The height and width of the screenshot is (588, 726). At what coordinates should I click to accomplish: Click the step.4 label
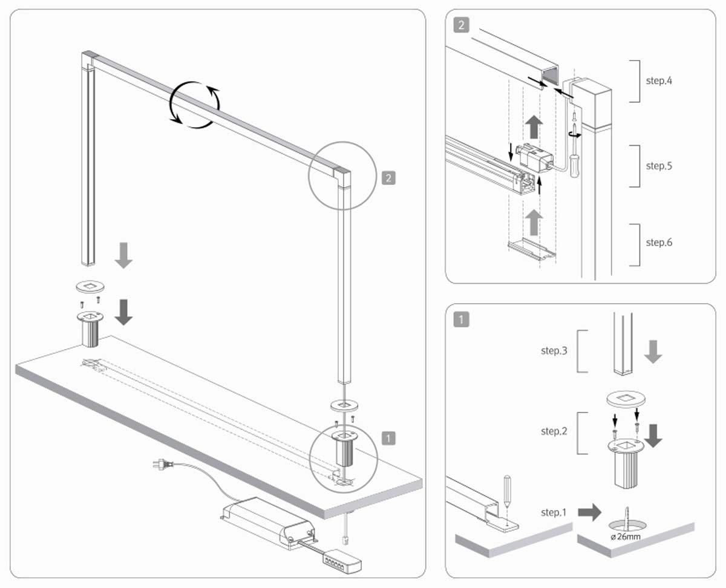pyautogui.click(x=659, y=81)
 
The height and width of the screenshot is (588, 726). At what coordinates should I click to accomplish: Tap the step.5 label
pyautogui.click(x=659, y=166)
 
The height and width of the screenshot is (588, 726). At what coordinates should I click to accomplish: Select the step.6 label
pyautogui.click(x=659, y=243)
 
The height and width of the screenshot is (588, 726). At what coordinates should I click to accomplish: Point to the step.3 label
pyautogui.click(x=554, y=351)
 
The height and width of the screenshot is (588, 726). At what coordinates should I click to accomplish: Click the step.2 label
pyautogui.click(x=554, y=431)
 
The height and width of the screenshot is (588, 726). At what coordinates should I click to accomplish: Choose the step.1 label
pyautogui.click(x=553, y=512)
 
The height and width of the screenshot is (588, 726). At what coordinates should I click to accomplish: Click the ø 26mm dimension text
pyautogui.click(x=626, y=537)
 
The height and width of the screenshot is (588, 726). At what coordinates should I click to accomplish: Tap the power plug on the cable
pyautogui.click(x=163, y=464)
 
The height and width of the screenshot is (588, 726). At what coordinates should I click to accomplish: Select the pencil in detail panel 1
pyautogui.click(x=507, y=491)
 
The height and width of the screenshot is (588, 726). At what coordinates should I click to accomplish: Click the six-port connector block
pyautogui.click(x=342, y=561)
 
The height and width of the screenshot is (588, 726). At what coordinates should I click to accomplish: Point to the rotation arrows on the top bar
pyautogui.click(x=195, y=105)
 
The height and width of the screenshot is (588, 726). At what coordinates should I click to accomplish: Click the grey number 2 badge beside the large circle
pyautogui.click(x=388, y=178)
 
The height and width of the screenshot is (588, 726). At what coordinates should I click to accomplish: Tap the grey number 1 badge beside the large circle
pyautogui.click(x=388, y=438)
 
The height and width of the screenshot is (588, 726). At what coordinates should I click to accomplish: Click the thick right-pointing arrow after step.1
pyautogui.click(x=589, y=512)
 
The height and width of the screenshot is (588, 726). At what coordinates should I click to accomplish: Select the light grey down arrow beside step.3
pyautogui.click(x=653, y=351)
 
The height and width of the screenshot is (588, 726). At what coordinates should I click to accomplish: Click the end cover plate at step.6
pyautogui.click(x=532, y=249)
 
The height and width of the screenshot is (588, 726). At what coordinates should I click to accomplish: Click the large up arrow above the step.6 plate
pyautogui.click(x=534, y=222)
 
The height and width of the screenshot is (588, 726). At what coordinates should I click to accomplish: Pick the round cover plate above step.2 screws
pyautogui.click(x=626, y=399)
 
